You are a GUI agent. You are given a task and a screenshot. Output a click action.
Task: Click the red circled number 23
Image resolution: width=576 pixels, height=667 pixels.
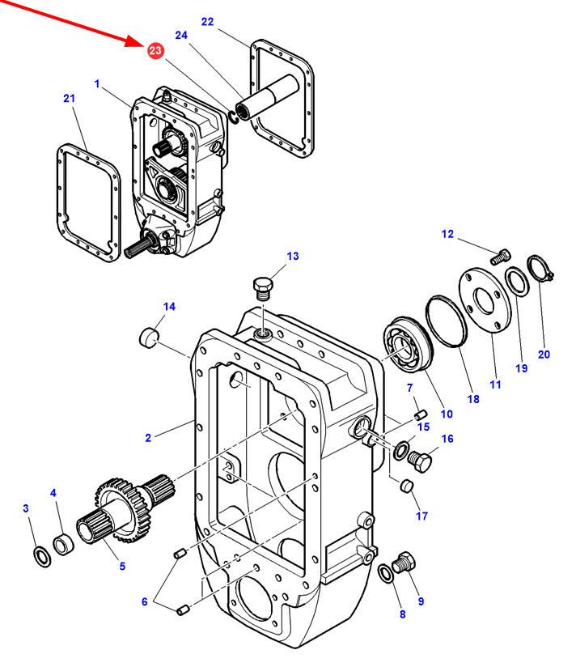pos(155,51)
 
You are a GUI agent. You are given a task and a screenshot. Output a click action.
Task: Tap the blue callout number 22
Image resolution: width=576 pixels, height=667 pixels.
pos(207,22)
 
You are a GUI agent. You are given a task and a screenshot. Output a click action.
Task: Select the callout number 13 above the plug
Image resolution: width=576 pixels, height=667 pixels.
pos(293,256)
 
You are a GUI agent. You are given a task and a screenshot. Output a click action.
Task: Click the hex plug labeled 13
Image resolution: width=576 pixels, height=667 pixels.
pos(263,287)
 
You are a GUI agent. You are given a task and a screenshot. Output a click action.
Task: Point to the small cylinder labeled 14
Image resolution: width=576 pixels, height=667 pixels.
pos(149,337)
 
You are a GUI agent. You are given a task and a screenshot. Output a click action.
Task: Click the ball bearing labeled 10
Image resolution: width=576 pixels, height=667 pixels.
pos(408,344)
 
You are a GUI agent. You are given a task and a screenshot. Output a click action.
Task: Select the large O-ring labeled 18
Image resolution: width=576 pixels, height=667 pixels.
pos(447,321)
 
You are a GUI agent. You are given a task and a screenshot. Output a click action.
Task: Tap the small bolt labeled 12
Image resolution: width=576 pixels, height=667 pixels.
pos(500,257)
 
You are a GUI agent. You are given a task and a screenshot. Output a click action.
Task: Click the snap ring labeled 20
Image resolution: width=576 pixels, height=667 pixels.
pos(539,269)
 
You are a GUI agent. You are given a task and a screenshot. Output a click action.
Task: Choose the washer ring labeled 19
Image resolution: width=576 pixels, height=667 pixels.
pos(517,281)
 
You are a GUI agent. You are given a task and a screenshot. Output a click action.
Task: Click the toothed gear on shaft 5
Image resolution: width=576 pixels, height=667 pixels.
pos(123,511)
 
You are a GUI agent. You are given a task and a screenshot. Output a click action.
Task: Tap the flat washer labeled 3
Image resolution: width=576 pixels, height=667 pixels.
pos(42,558)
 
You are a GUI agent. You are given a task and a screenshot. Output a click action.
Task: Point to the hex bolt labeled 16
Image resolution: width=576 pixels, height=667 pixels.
pos(420,461)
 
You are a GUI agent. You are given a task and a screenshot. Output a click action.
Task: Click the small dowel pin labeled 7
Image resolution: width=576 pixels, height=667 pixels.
pos(421,414)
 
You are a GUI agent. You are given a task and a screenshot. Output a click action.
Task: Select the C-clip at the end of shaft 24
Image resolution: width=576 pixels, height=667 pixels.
pos(232,117)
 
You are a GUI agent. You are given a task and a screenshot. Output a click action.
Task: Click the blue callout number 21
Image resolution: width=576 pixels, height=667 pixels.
pos(69,98)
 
